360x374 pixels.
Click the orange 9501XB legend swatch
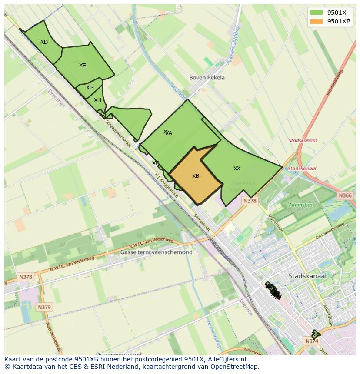[316, 21]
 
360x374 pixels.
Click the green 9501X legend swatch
[316, 13]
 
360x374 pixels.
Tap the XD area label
[44, 42]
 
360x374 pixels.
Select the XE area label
[82, 66]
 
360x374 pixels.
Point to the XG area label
[90, 88]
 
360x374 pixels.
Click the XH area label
[97, 100]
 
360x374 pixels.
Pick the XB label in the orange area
[196, 176]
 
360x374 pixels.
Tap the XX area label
[237, 169]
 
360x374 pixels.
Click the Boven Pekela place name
[207, 78]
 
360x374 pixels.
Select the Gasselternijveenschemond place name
[156, 252]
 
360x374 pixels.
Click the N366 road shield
[345, 195]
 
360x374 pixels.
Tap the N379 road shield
[44, 307]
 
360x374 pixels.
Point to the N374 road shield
[312, 341]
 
